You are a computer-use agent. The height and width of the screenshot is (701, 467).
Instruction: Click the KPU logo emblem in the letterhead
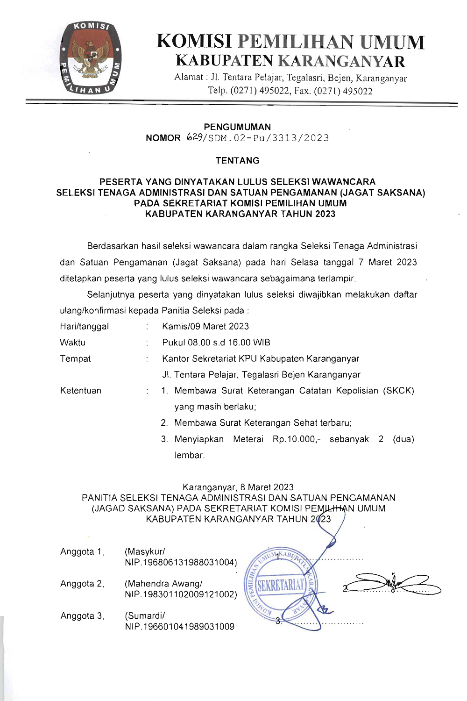pos(91,58)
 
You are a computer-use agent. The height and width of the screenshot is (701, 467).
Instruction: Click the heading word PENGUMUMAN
pos(237,127)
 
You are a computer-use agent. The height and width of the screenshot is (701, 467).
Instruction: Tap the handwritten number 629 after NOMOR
pos(194,137)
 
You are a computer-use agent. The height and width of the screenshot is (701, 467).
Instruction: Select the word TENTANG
pos(237,160)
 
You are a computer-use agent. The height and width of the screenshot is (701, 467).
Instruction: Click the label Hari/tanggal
pos(85,326)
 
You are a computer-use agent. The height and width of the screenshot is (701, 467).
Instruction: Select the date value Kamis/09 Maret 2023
pos(205,326)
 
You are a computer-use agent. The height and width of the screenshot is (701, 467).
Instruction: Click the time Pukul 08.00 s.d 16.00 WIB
pos(216,342)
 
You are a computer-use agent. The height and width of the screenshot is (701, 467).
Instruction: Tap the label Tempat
pos(75,358)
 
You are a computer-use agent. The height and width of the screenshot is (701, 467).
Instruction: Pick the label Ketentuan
pos(81,390)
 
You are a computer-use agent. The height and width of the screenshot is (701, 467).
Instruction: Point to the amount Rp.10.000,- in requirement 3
pos(297,439)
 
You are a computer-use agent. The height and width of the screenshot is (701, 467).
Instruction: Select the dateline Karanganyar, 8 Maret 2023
pos(238,487)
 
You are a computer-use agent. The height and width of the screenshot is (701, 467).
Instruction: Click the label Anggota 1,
pos(82,551)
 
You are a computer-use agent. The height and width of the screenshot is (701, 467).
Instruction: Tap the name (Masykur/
pos(145,551)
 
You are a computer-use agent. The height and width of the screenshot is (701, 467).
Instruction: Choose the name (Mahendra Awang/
pos(163,584)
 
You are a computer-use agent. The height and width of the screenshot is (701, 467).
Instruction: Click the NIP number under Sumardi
pos(180,627)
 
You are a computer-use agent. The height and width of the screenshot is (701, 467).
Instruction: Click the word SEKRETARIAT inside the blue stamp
pos(281,585)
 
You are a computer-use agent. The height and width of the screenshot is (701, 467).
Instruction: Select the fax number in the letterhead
pos(343,91)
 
